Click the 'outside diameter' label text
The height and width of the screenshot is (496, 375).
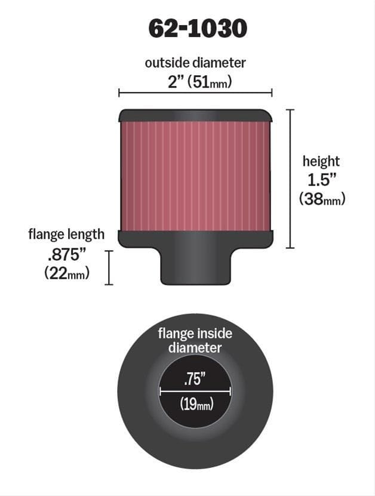[195, 63]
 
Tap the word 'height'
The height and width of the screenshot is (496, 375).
[321, 161]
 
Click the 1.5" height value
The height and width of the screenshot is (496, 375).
[321, 180]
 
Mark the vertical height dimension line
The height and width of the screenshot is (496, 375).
[291, 178]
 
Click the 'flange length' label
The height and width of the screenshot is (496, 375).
[66, 234]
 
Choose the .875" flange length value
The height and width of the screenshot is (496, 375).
[67, 254]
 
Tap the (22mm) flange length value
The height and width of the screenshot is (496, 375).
[67, 273]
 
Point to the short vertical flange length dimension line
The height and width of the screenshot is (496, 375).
[109, 267]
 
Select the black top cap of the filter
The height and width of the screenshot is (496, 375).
[195, 115]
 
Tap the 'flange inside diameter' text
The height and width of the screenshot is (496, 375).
[195, 340]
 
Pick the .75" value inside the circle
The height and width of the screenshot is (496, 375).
[195, 378]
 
